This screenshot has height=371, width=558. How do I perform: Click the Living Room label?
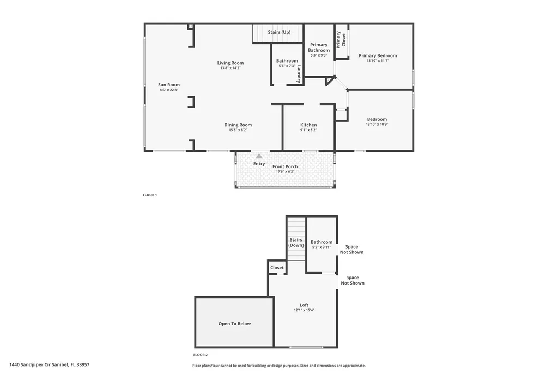click(231, 63)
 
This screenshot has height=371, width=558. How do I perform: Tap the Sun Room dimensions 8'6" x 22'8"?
click(169, 90)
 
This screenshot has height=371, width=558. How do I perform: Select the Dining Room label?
click(238, 125)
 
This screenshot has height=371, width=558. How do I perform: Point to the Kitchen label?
click(308, 125)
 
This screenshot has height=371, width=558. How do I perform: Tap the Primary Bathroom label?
click(319, 47)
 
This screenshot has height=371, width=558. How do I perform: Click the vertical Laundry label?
click(299, 74)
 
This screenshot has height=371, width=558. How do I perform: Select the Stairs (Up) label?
click(279, 32)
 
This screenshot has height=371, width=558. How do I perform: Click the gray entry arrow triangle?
click(259, 156)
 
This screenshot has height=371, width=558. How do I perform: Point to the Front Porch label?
click(285, 166)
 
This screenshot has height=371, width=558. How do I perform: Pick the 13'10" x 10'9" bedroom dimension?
click(377, 125)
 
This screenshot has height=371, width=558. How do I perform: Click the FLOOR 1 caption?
click(150, 195)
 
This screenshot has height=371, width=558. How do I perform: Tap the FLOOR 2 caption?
click(201, 354)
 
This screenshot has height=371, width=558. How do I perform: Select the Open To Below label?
click(234, 324)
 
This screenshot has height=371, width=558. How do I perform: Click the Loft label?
click(304, 305)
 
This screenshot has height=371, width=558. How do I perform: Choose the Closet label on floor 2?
click(277, 268)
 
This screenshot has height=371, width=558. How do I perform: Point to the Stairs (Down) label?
click(296, 242)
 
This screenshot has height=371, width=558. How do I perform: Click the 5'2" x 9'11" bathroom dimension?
click(322, 248)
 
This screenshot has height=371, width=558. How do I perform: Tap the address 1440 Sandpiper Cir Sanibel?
click(50, 364)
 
